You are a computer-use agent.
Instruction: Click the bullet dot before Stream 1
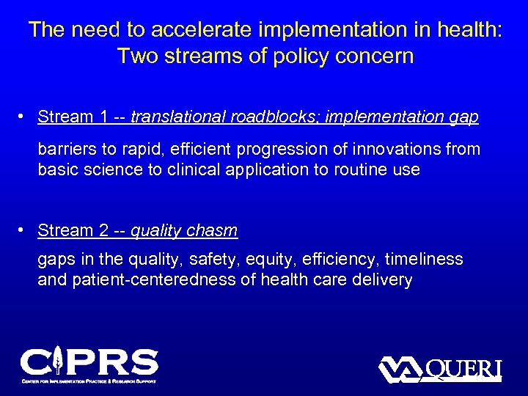pos(23,116)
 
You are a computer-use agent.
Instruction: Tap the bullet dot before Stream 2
pos(23,230)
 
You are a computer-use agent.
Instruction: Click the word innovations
pos(400,150)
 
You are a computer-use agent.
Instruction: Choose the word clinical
pos(192,170)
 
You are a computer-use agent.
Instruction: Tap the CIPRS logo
pos(89,364)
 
